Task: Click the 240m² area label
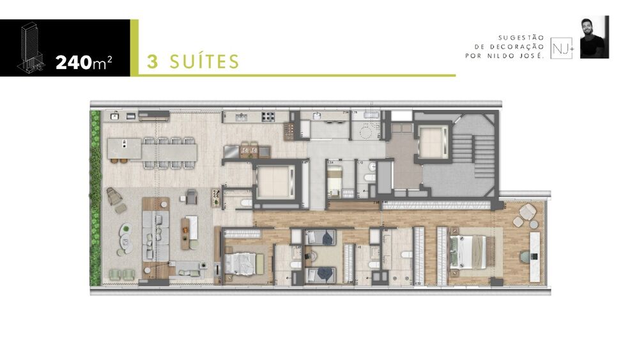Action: coord(84,63)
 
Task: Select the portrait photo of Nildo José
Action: coord(594,37)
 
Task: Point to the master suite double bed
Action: coord(468,251)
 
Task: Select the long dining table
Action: coord(169,152)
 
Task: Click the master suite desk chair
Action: coord(525,256)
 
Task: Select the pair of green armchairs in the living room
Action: coord(122,274)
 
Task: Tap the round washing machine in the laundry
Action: coord(367,134)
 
